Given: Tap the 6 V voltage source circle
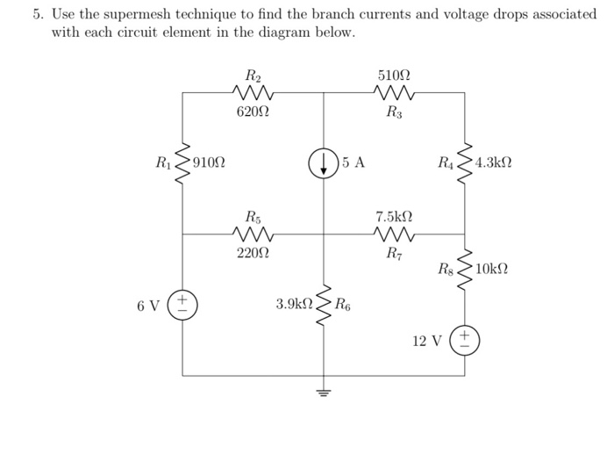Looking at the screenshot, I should pyautogui.click(x=182, y=306).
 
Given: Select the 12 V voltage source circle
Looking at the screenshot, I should pyautogui.click(x=465, y=340).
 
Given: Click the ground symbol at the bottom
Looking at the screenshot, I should pyautogui.click(x=324, y=393).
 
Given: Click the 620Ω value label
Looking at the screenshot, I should pyautogui.click(x=253, y=112).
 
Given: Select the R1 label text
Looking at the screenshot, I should pyautogui.click(x=163, y=162).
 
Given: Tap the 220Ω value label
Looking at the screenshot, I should pyautogui.click(x=253, y=254).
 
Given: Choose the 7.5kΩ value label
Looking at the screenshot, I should pyautogui.click(x=393, y=216).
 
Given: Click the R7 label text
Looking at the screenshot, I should pyautogui.click(x=393, y=254).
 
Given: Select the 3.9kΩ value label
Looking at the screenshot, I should pyautogui.click(x=294, y=305).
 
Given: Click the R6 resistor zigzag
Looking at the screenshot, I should pyautogui.click(x=324, y=305).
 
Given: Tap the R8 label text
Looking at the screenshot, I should pyautogui.click(x=446, y=269).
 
